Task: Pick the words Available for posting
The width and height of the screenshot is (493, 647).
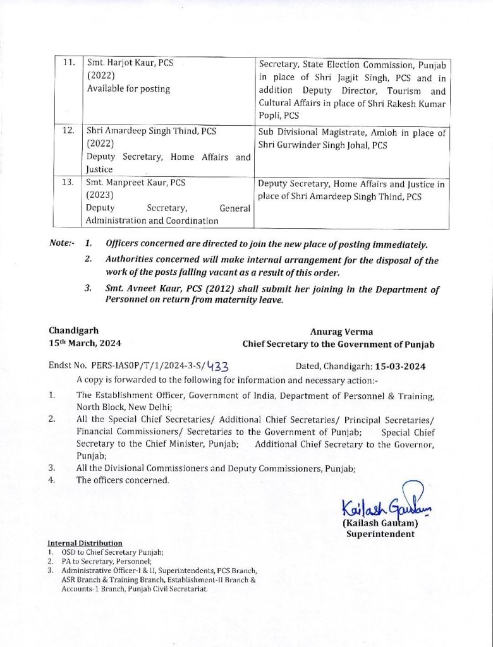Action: [x=128, y=89]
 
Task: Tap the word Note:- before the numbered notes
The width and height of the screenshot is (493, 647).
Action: [x=61, y=244]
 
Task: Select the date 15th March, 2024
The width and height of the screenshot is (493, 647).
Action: [x=85, y=343]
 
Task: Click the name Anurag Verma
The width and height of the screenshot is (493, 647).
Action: [x=341, y=331]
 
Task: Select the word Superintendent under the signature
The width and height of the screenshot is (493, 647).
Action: [x=380, y=534]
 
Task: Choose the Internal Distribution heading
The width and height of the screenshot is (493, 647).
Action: [x=85, y=543]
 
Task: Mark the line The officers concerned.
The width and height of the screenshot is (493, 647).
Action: [x=123, y=480]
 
